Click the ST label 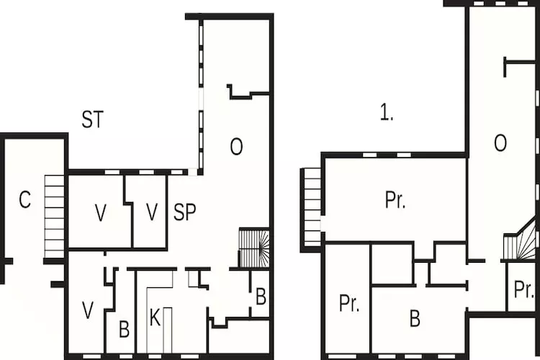point(91,120)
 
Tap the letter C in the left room point(25,200)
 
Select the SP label point(184,212)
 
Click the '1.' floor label point(387,113)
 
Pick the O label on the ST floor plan point(236,147)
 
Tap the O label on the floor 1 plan point(500,143)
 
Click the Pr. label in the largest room point(395,200)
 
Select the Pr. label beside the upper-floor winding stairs point(523,289)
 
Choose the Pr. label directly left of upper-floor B point(348,303)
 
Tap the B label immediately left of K point(124,330)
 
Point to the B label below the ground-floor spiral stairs point(260,296)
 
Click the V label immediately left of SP point(151,212)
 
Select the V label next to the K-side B point(88,310)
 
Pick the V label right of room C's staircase point(101,212)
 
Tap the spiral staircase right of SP point(253,248)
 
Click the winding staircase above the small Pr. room point(521,243)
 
